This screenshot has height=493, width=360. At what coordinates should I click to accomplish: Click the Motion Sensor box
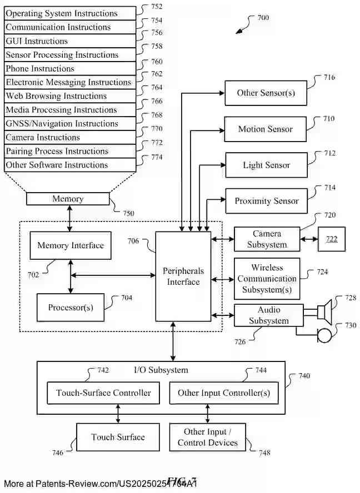(265, 129)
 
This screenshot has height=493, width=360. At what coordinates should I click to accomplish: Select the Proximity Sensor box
(266, 201)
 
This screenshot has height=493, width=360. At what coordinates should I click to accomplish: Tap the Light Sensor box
(266, 165)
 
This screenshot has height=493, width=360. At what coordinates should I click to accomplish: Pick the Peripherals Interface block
(183, 276)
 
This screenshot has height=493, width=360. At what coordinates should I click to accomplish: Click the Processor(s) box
(70, 308)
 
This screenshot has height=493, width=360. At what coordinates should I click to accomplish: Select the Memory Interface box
(70, 245)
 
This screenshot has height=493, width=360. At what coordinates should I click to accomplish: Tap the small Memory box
(68, 199)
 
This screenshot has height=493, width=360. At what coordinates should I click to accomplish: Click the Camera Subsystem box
(267, 239)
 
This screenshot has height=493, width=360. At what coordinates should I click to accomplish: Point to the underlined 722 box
(331, 239)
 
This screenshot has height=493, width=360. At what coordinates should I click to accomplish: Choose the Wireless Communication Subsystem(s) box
(267, 279)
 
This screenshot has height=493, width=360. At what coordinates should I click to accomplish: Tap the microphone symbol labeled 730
(323, 335)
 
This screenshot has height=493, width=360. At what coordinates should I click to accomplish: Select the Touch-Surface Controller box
(103, 393)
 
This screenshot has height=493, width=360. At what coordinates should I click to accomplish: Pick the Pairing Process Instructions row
(70, 151)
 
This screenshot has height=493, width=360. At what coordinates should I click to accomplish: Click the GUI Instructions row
(70, 41)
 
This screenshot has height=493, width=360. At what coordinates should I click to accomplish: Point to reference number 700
(263, 18)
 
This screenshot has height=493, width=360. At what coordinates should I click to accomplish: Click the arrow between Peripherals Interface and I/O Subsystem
(174, 341)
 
